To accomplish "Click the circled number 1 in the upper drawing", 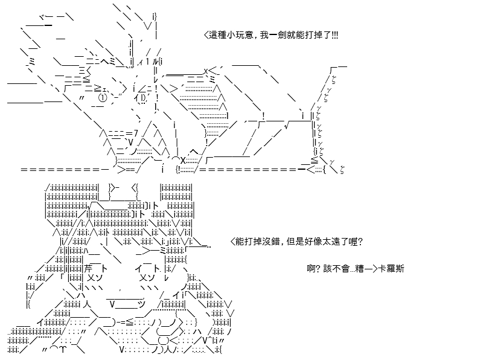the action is coord(103,98).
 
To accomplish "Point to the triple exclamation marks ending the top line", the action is coord(335,35).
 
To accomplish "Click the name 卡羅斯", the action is coord(391,268).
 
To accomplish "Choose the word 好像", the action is coord(313,242).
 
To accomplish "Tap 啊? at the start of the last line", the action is coord(314,268).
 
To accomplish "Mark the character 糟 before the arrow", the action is coord(359,268).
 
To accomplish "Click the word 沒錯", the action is coord(271,242).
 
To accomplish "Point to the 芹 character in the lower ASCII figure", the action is coord(88,268).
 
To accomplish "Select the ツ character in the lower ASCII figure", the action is coord(141,304).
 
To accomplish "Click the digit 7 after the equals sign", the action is coord(136,133).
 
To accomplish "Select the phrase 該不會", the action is coord(336,268).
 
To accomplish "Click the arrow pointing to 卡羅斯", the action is coord(371,269).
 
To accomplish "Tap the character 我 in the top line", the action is coord(264,35).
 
